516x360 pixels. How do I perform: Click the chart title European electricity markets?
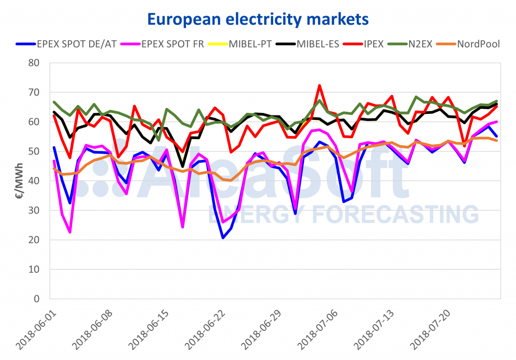(258, 19)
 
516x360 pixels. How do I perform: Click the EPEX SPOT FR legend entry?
(166, 43)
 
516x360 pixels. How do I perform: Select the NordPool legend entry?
(478, 43)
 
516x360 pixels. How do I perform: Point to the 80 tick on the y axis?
(34, 63)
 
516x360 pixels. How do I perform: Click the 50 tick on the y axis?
(34, 151)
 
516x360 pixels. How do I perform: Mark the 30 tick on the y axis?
(34, 210)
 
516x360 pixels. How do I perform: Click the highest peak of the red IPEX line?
(319, 85)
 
